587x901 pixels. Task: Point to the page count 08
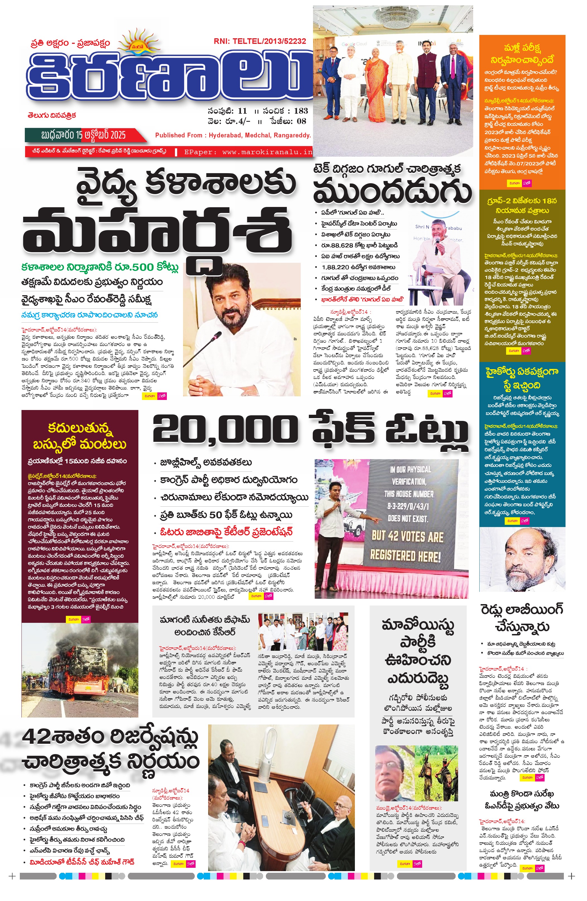click(x=301, y=121)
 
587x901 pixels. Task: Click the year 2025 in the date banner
click(x=116, y=135)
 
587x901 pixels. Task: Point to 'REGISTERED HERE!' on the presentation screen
click(x=405, y=556)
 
